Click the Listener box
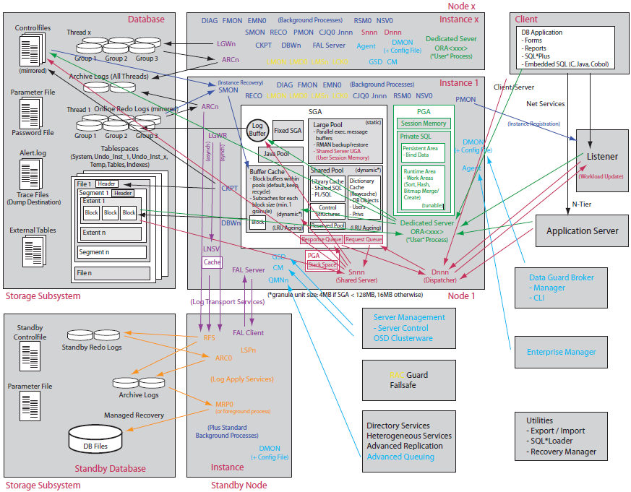pos(601,157)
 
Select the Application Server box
pos(582,231)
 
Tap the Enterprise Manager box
pos(561,352)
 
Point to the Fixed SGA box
pos(287,132)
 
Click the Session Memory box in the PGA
pos(424,124)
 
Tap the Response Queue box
pos(321,239)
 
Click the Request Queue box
pos(364,239)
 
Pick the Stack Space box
pos(322,264)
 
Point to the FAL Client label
pos(249,333)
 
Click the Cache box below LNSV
pos(212,262)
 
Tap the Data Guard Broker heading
pos(562,277)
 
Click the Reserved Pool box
pos(327,226)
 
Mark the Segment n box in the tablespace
pos(112,252)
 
